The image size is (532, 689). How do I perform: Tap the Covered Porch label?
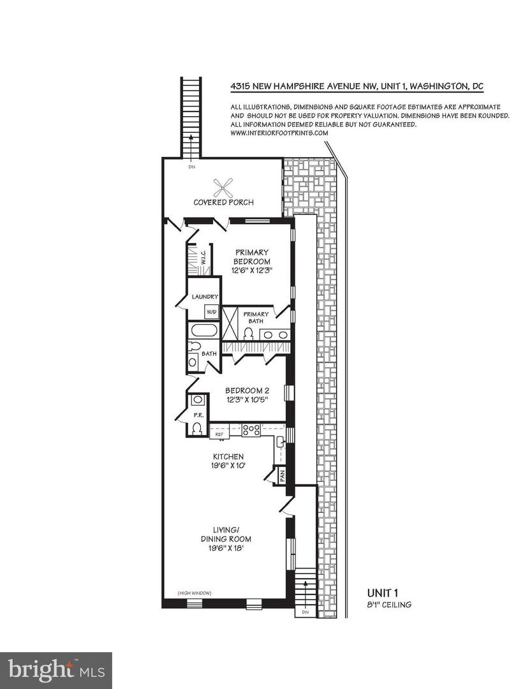[223, 203]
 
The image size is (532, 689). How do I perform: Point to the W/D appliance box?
[211, 312]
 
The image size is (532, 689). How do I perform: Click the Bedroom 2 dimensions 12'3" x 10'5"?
[246, 399]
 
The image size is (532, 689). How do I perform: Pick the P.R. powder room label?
[197, 415]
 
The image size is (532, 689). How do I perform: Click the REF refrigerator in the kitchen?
[219, 434]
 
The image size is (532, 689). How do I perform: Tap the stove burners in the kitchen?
[250, 430]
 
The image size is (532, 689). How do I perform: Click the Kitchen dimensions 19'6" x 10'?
[228, 466]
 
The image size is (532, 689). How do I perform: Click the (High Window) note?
[195, 593]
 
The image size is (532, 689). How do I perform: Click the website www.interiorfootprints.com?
[279, 133]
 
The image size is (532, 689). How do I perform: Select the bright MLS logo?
[55, 669]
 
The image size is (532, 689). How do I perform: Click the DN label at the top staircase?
[191, 167]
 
